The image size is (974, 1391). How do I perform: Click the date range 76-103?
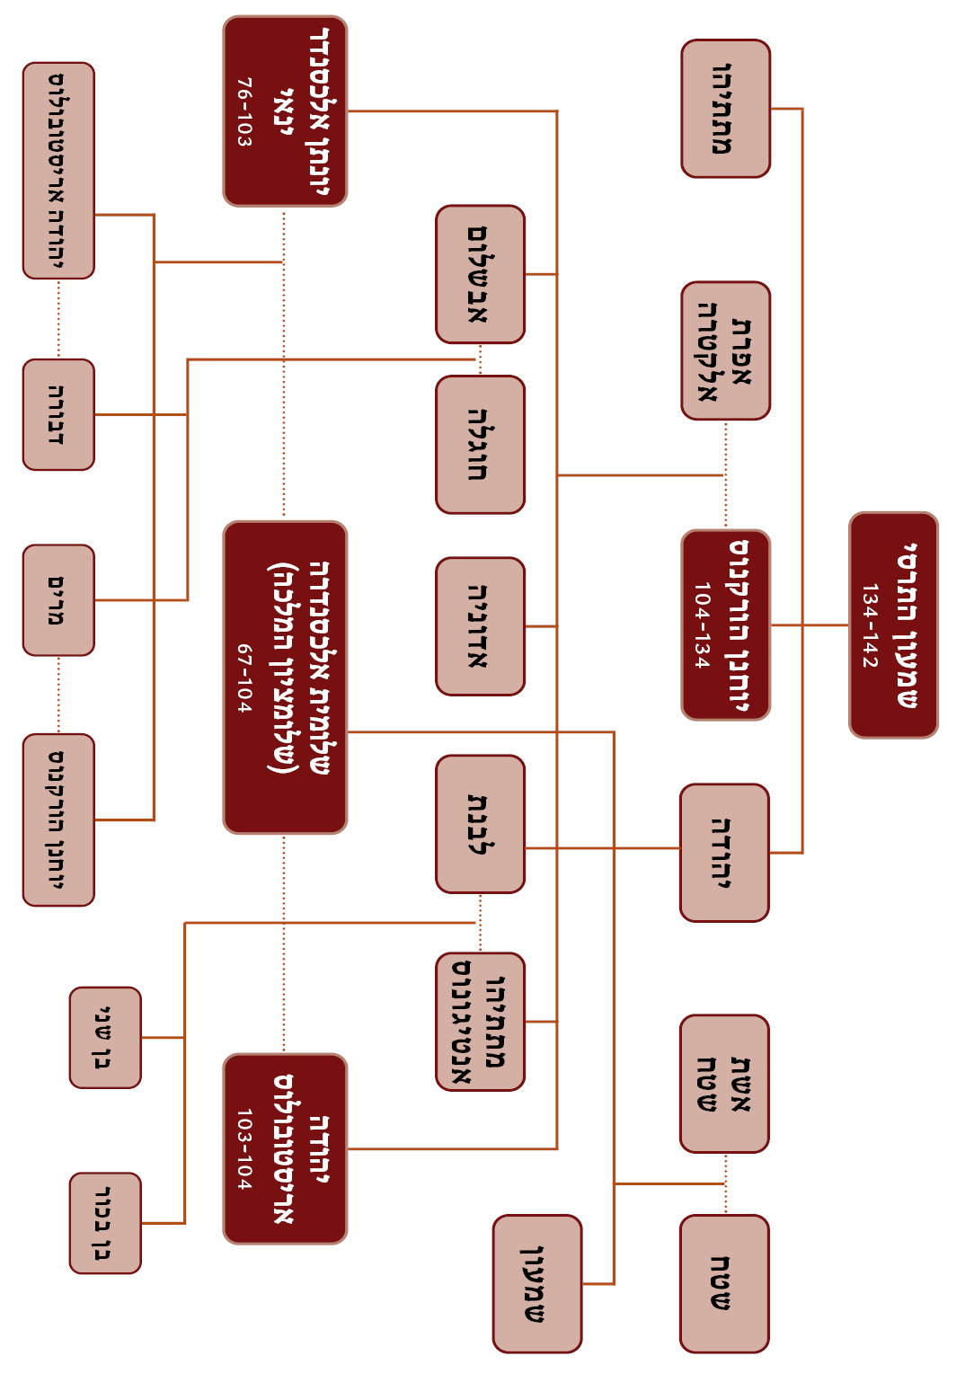point(243,112)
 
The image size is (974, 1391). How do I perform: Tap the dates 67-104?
point(243,678)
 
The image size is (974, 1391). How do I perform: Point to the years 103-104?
point(243,1148)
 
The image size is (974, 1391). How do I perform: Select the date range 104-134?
point(702,625)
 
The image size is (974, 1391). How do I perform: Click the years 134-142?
point(869,625)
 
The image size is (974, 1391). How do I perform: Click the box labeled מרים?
point(58,599)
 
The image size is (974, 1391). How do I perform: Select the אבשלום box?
point(480,274)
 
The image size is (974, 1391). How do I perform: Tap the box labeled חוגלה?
point(480,445)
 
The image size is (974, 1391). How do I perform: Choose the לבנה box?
point(480,824)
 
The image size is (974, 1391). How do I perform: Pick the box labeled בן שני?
point(105,1038)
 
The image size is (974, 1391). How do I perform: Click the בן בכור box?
point(105,1223)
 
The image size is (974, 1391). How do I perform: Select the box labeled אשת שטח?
point(724,1084)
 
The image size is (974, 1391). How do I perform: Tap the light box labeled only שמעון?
point(537,1283)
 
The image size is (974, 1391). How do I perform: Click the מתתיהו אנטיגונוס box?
point(480,1022)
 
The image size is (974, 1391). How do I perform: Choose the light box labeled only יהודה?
point(724,853)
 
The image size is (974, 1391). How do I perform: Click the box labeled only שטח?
point(724,1283)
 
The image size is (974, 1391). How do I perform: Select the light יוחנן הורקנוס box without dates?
point(58,820)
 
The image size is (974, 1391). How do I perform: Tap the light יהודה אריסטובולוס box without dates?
point(58,171)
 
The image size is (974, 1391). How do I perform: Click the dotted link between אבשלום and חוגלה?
point(480,359)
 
